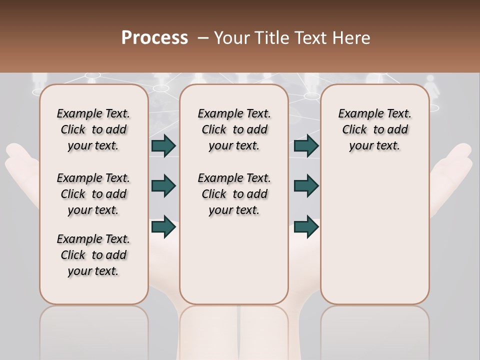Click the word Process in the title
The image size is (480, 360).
154,38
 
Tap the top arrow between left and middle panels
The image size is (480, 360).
163,146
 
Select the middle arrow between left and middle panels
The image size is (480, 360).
163,186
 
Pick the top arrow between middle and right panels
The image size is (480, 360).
306,146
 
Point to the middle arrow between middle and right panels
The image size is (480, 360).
306,186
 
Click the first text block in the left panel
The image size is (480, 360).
93,129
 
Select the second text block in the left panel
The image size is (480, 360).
93,194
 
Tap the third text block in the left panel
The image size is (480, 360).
93,255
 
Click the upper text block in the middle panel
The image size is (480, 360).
234,129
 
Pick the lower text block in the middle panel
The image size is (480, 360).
234,194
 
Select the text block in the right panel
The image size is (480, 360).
375,129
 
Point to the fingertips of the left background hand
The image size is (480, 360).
15,152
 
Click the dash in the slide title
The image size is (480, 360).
203,38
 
